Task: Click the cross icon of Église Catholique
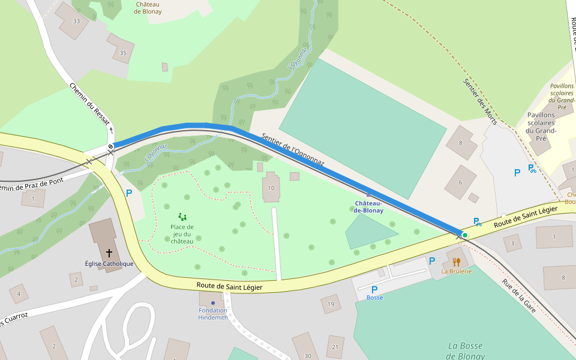click(x=109, y=253)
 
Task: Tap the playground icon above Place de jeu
click(x=182, y=217)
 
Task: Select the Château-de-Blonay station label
click(x=368, y=207)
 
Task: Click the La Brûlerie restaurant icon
click(x=456, y=262)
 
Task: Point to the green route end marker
click(x=464, y=235)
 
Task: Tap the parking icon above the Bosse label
click(x=374, y=289)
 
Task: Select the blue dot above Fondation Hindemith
click(x=212, y=302)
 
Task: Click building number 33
click(x=76, y=21)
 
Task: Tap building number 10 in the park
click(x=271, y=188)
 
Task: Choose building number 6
click(x=461, y=182)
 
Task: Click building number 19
click(x=331, y=305)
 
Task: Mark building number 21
click(x=335, y=347)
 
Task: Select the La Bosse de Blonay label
click(x=465, y=350)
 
